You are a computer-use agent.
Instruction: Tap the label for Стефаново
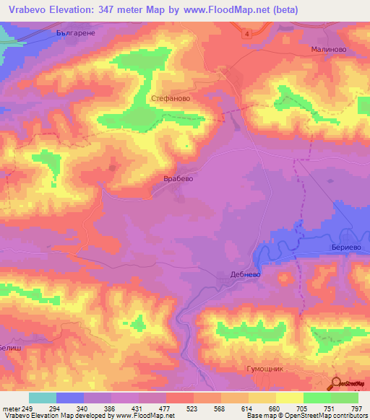coord(169,93)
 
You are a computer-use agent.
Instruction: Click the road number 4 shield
coord(246,33)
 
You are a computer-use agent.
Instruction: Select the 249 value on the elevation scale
coord(27,408)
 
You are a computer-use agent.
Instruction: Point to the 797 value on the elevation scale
coord(357,408)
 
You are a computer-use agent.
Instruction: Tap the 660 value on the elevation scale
coord(274,408)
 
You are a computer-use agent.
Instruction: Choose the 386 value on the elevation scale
coord(110,408)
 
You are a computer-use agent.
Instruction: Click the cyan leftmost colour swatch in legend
coord(42,398)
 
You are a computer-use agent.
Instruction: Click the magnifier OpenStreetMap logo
coord(335,382)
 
